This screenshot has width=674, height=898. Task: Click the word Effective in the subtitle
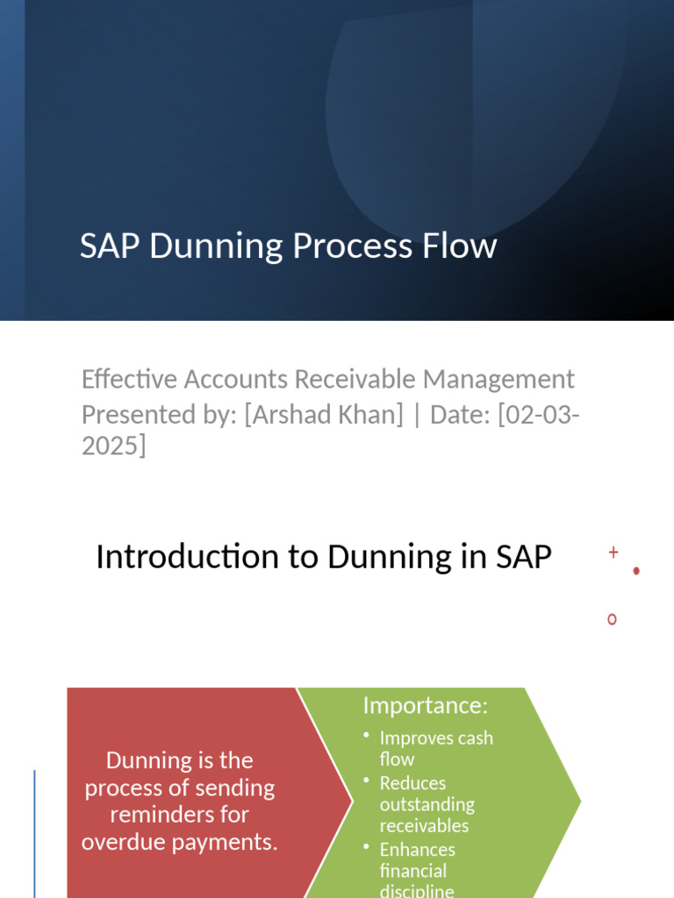(x=129, y=380)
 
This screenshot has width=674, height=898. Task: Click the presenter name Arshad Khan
(x=324, y=414)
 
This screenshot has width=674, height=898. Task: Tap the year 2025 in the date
(x=109, y=446)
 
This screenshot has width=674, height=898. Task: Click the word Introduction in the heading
(x=172, y=557)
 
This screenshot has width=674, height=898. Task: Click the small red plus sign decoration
(x=613, y=552)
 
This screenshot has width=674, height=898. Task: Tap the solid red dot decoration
(x=636, y=571)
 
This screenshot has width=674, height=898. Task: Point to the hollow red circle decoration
(x=612, y=619)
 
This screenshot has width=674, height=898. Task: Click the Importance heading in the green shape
(x=425, y=705)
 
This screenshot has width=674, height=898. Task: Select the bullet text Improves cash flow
(x=435, y=748)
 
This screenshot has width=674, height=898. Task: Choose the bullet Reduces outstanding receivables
(x=427, y=804)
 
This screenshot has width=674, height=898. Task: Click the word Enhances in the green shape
(x=417, y=850)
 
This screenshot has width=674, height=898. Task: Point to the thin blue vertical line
(x=34, y=833)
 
